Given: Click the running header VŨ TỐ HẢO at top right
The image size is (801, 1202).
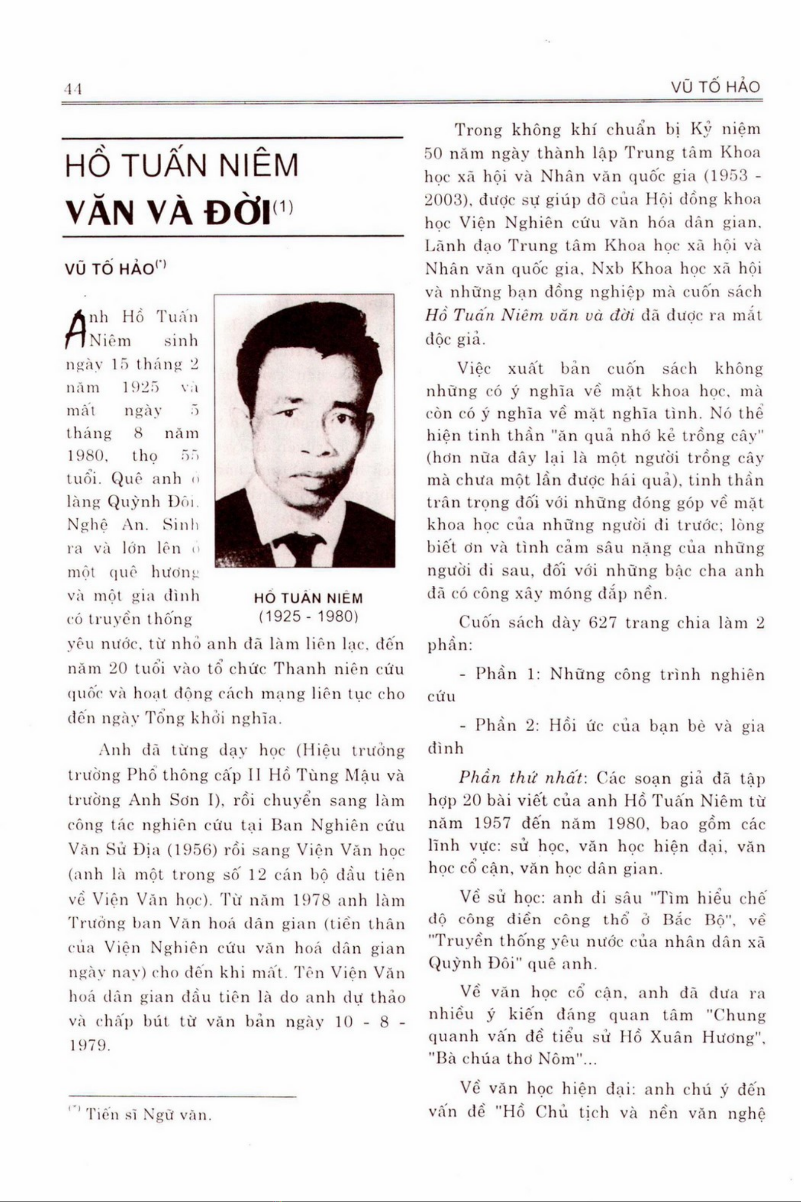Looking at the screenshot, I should coord(716,88).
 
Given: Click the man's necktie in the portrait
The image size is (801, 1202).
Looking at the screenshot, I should coord(305,548).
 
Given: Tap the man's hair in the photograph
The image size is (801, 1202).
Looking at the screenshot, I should coord(306,332).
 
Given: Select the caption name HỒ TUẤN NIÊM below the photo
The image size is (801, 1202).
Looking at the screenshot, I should coord(309,598).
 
